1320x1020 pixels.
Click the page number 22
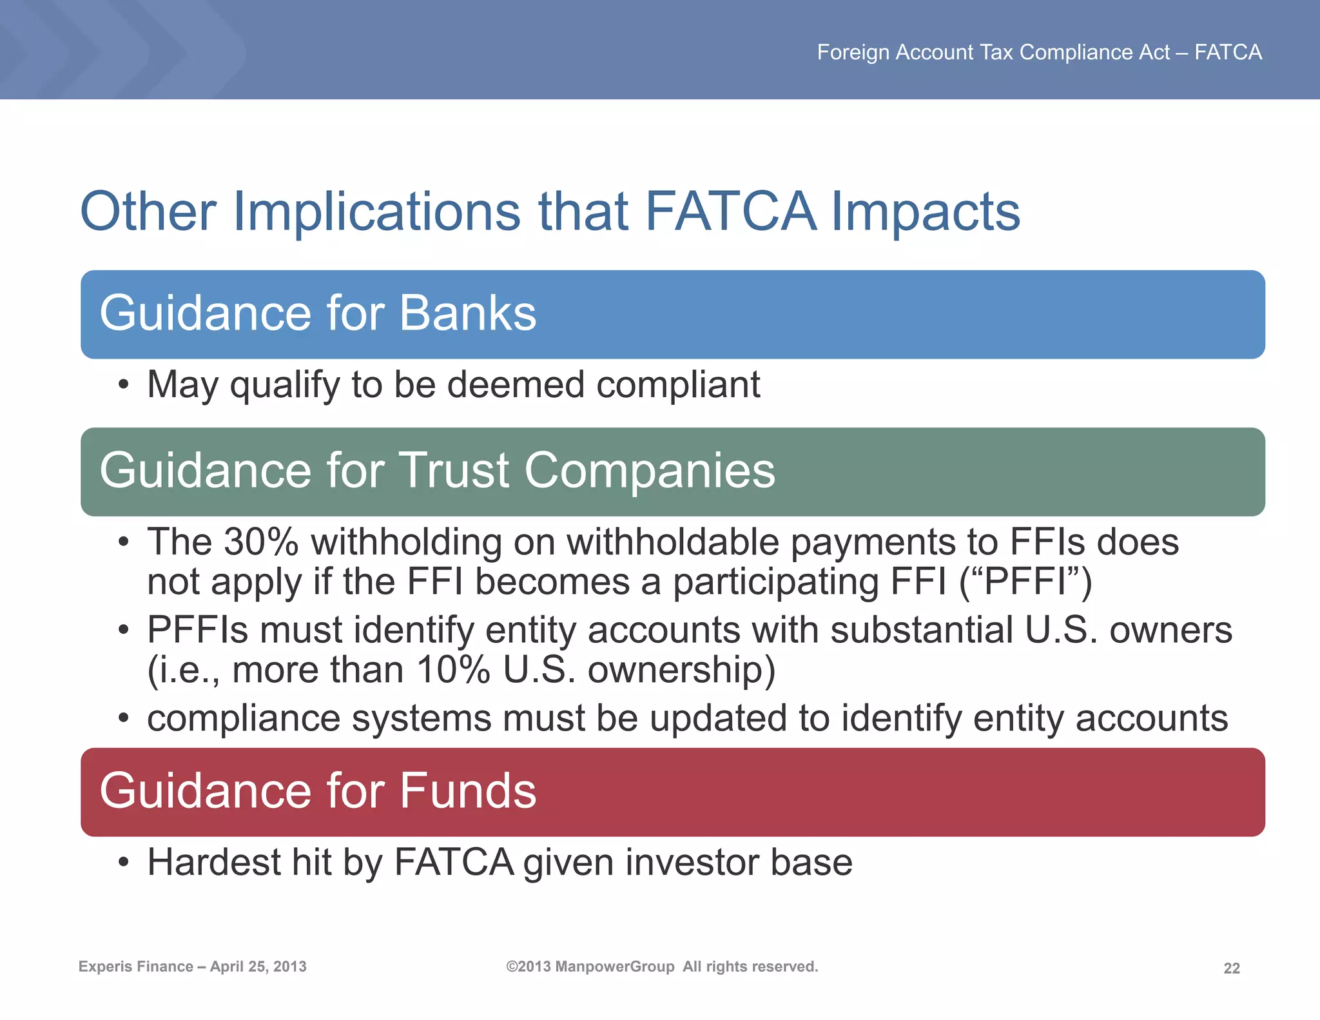pos(1231,968)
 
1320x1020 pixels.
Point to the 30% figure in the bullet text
pos(260,542)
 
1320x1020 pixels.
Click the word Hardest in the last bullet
pos(213,863)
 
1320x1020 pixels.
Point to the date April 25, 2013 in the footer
pos(258,966)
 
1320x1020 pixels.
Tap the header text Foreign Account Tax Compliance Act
pos(993,52)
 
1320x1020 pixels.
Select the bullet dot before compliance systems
pos(124,719)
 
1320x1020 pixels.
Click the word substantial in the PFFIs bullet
pos(922,630)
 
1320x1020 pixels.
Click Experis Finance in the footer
pos(135,966)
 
